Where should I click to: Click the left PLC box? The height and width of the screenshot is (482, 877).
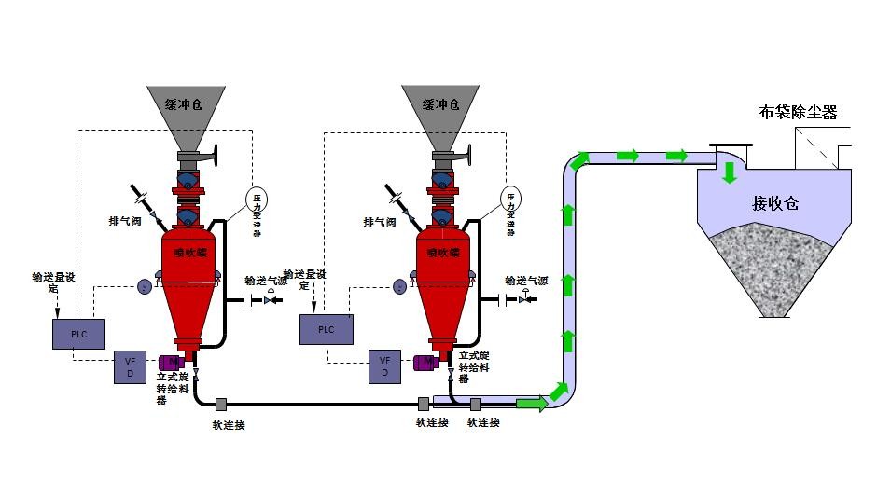pyautogui.click(x=78, y=334)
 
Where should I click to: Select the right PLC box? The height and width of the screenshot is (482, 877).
pyautogui.click(x=326, y=329)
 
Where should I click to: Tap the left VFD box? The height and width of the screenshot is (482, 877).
pyautogui.click(x=130, y=366)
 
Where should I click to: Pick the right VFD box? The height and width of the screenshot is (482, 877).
pyautogui.click(x=384, y=366)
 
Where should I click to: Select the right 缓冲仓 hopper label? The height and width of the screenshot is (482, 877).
pyautogui.click(x=441, y=103)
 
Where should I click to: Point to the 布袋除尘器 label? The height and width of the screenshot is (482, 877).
pyautogui.click(x=798, y=114)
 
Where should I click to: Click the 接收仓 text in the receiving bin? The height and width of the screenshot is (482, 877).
pyautogui.click(x=775, y=202)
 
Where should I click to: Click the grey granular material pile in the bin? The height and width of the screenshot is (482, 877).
pyautogui.click(x=775, y=270)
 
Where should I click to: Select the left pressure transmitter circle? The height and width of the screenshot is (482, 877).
pyautogui.click(x=256, y=198)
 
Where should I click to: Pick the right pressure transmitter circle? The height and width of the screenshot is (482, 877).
pyautogui.click(x=511, y=198)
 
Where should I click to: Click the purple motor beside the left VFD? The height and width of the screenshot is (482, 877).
pyautogui.click(x=171, y=362)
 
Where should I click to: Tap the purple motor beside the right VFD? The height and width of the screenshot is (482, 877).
pyautogui.click(x=425, y=362)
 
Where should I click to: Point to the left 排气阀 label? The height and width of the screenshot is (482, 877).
pyautogui.click(x=124, y=223)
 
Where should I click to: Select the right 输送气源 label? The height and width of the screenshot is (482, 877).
pyautogui.click(x=526, y=280)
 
